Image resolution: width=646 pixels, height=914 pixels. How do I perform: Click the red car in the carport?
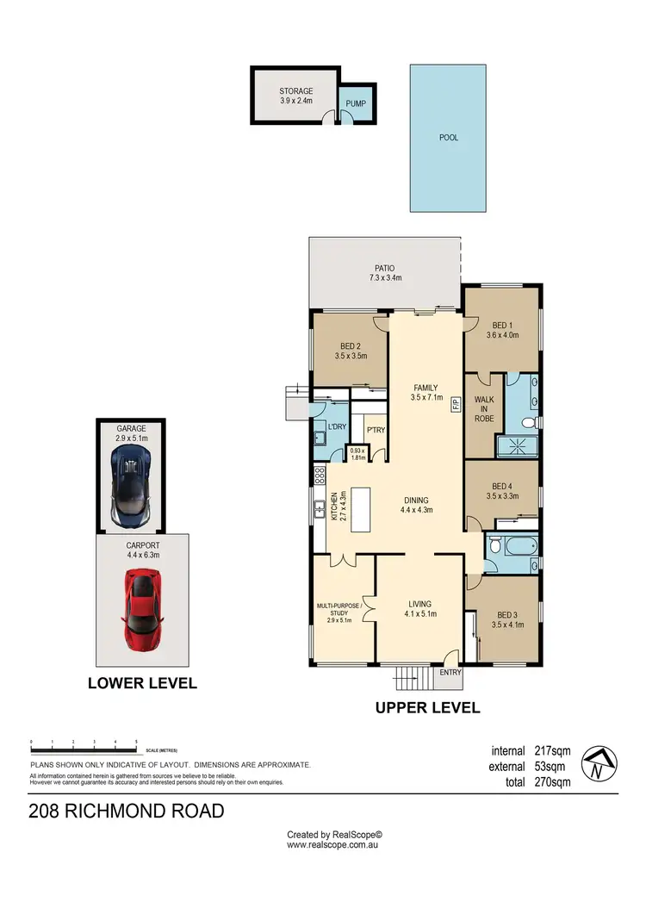point(142,612)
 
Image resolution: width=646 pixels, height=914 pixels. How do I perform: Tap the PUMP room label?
point(356,104)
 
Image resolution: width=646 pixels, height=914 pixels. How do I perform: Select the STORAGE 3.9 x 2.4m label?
point(295,96)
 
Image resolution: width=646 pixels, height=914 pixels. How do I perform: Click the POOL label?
point(448,136)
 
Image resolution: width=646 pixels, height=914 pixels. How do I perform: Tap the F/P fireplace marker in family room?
point(456,411)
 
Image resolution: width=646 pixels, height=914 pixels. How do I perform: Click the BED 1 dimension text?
point(502,335)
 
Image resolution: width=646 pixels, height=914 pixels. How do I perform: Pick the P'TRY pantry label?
point(375,430)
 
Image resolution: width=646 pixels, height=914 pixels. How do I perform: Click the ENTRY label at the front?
point(449,672)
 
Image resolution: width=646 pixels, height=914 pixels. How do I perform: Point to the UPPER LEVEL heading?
point(426,707)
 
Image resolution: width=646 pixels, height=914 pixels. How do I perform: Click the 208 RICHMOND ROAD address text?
point(126,811)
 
